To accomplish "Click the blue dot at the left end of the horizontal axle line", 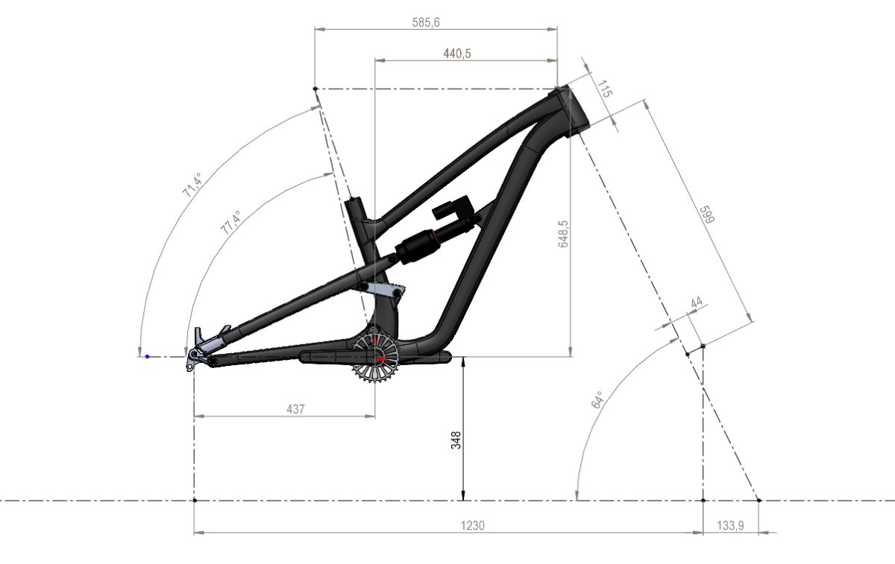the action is click(147, 356).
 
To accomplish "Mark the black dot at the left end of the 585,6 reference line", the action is click(315, 89).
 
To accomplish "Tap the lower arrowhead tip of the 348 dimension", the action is click(463, 500).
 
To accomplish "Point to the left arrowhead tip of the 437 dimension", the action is click(194, 416).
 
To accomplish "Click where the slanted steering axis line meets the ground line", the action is click(759, 500).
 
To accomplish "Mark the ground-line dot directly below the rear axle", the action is click(195, 500).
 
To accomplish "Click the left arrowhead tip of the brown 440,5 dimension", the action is click(375, 60).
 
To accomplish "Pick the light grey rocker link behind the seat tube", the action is click(383, 289).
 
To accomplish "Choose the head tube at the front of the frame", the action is click(571, 110).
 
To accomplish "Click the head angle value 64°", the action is click(597, 400).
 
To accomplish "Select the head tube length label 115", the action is click(604, 89).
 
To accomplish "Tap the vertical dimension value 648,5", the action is click(563, 234).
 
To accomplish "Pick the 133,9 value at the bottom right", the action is click(730, 526).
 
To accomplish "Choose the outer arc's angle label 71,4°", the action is click(192, 186).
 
